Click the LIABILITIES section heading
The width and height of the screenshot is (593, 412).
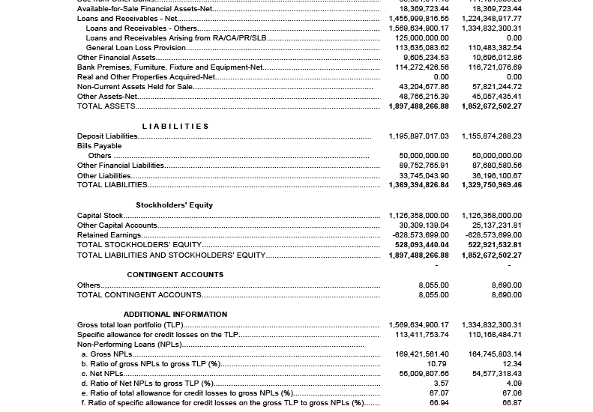pyautogui.click(x=175, y=127)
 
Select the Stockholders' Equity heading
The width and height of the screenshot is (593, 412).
pyautogui.click(x=174, y=205)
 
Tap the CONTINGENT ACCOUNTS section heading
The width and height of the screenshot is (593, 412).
pyautogui.click(x=175, y=275)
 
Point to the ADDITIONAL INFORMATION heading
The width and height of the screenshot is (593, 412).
pyautogui.click(x=175, y=315)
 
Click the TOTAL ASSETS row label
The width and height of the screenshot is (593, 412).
pyautogui.click(x=106, y=106)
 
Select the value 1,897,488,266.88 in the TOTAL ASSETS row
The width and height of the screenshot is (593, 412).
pyautogui.click(x=418, y=106)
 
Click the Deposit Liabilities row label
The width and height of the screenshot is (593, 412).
pyautogui.click(x=107, y=136)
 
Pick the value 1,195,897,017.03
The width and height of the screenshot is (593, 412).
pyautogui.click(x=418, y=136)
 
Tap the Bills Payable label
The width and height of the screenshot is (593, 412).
pyautogui.click(x=99, y=146)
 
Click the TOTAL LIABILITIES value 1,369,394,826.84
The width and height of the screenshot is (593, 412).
pyautogui.click(x=418, y=185)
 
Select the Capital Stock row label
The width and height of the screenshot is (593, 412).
pyautogui.click(x=100, y=216)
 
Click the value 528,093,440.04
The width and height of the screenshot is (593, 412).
pyautogui.click(x=421, y=245)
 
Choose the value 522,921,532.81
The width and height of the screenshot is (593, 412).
pyautogui.click(x=495, y=245)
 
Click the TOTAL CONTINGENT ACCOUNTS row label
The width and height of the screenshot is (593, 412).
pyautogui.click(x=139, y=295)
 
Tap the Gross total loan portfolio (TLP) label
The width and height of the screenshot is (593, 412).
pyautogui.click(x=130, y=325)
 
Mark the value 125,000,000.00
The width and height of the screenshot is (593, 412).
pyautogui.click(x=422, y=38)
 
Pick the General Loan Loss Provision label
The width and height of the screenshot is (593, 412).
pyautogui.click(x=136, y=48)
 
